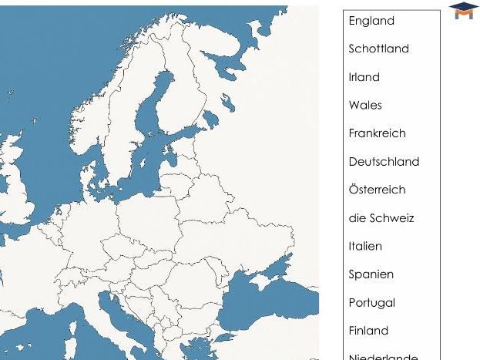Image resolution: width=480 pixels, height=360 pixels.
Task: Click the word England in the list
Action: tap(371, 21)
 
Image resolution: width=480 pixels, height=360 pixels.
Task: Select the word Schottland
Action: tap(378, 49)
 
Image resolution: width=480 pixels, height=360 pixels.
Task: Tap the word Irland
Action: tap(364, 77)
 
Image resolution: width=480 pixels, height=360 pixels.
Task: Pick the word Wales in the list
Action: tap(365, 105)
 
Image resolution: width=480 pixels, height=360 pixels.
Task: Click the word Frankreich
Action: tap(377, 133)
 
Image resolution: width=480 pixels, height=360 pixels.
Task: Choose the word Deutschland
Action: tap(384, 162)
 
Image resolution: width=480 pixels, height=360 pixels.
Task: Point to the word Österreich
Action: tap(377, 190)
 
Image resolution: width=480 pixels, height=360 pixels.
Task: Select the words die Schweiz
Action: tap(381, 218)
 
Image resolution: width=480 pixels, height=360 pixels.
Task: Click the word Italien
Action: tap(365, 247)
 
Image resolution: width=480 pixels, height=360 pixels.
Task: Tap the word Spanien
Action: tap(371, 274)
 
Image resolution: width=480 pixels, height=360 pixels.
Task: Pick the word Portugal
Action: tap(371, 303)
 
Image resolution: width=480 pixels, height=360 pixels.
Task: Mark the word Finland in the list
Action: tap(368, 331)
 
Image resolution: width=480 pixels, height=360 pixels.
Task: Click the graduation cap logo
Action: tap(464, 10)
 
